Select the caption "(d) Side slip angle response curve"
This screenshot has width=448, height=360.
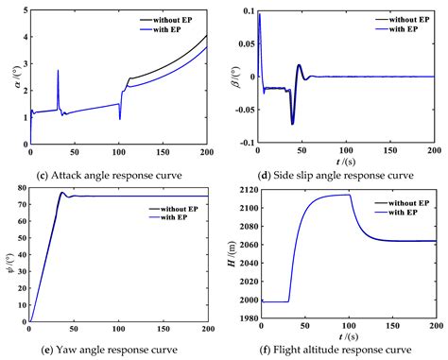pos(336,176)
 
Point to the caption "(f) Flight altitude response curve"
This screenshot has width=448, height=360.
pos(335,350)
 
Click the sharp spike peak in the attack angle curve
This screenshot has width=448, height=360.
pos(58,70)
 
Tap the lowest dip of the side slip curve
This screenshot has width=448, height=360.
pos(292,124)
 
